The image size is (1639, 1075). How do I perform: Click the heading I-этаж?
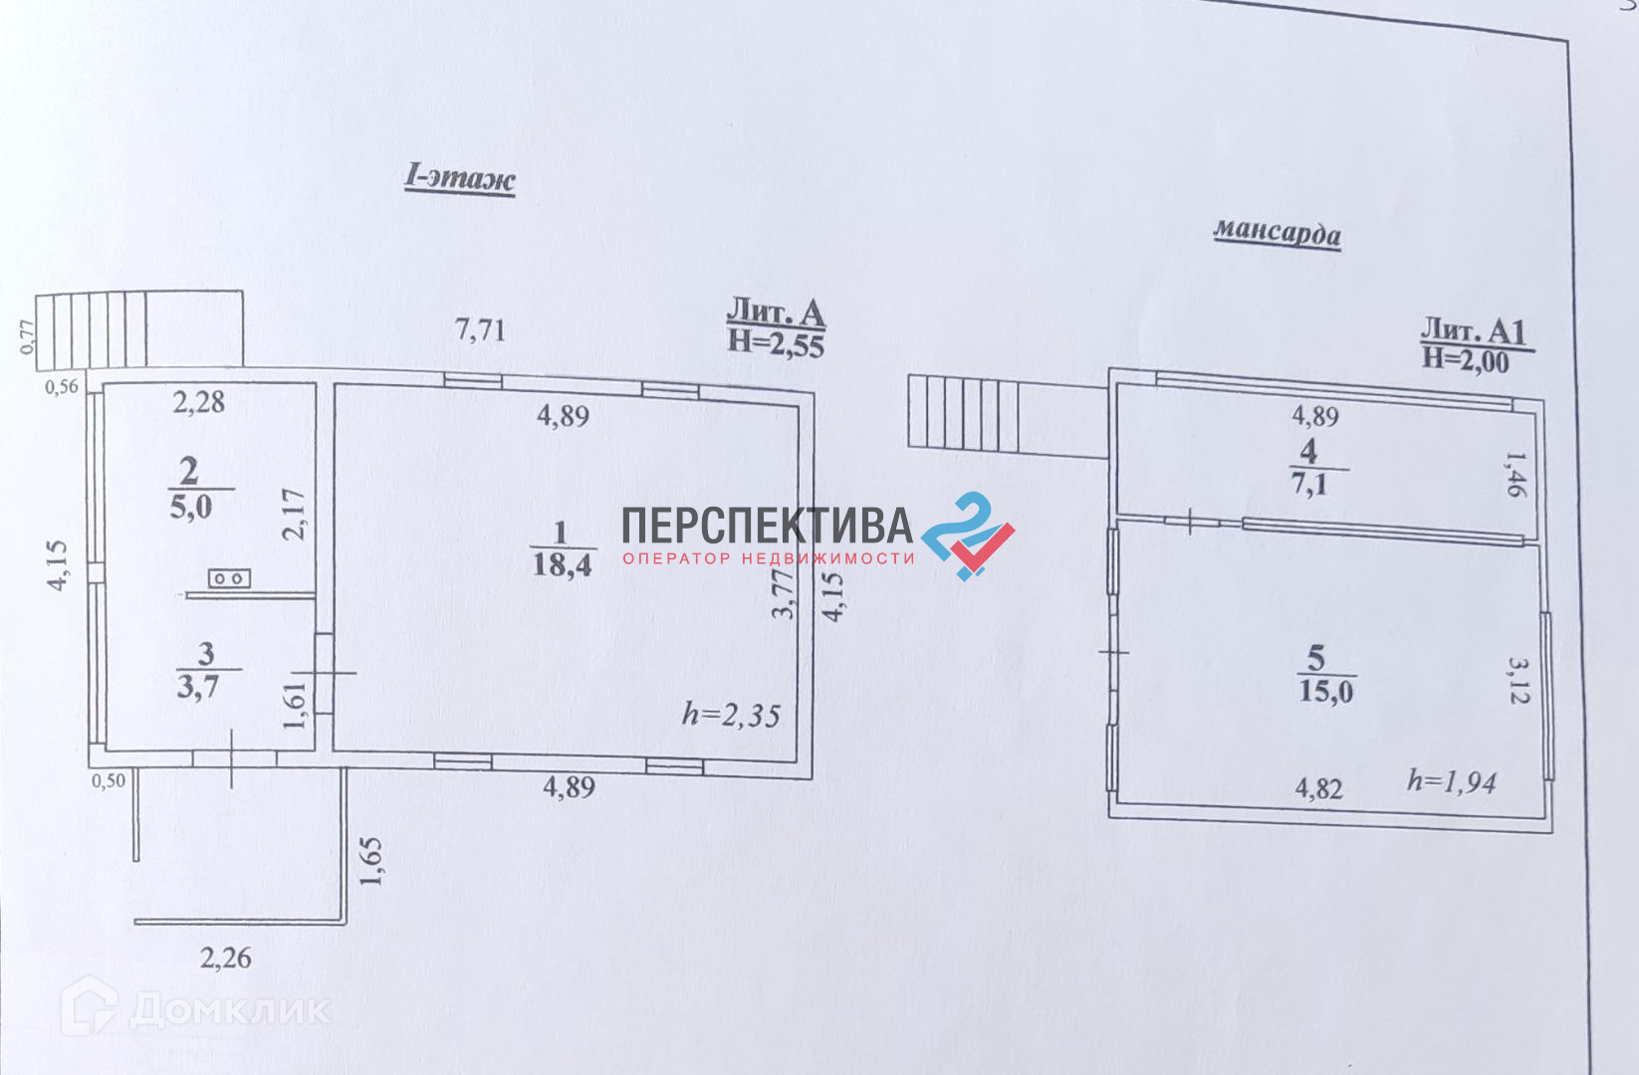point(459,178)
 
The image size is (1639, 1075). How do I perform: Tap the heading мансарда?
point(1277,233)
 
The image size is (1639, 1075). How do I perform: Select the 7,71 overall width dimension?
point(480,329)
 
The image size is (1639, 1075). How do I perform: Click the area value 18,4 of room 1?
point(562,566)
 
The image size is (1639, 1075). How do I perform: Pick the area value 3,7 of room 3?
point(197,687)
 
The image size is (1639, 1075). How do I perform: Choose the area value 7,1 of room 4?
point(1309,486)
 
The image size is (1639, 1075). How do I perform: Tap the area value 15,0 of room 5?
point(1325,691)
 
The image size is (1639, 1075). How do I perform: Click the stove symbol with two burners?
point(229,578)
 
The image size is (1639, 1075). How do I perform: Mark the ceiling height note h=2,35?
point(731,716)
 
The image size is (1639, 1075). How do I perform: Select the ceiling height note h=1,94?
point(1451,782)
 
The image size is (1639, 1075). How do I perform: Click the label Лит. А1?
point(1473,330)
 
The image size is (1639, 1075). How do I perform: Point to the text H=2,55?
point(776,343)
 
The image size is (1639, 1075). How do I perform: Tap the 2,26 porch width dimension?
point(226,959)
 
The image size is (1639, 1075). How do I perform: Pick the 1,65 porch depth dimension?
point(369,862)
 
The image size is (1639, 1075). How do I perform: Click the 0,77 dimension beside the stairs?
point(28,336)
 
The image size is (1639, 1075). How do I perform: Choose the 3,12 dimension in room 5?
point(1518,680)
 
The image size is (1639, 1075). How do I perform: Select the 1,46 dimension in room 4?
point(1514,475)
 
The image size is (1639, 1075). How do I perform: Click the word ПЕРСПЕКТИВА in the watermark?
point(767,526)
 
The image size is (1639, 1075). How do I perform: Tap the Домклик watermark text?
point(229,1010)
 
